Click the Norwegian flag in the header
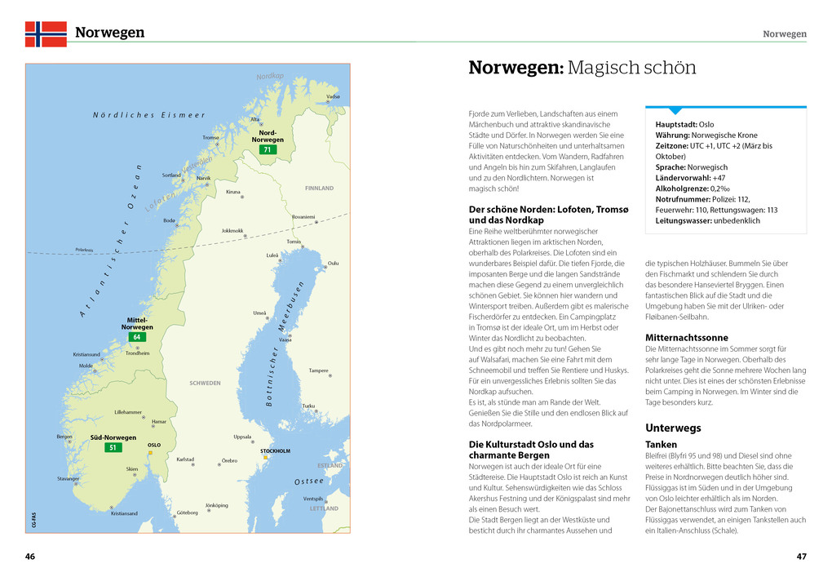click(46, 33)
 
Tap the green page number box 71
click(267, 149)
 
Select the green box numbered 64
click(136, 337)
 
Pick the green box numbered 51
click(113, 447)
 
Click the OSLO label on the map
click(153, 445)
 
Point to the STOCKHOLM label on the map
click(275, 450)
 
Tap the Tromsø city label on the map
click(210, 137)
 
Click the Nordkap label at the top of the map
click(269, 77)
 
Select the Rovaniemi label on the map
click(303, 217)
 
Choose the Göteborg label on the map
click(188, 513)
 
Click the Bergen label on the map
click(64, 437)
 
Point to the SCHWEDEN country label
click(206, 383)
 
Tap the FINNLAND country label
click(319, 189)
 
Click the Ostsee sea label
click(309, 481)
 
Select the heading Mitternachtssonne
click(686, 337)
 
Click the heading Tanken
click(661, 445)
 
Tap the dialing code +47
click(719, 178)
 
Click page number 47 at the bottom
click(801, 557)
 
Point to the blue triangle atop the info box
click(675, 110)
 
